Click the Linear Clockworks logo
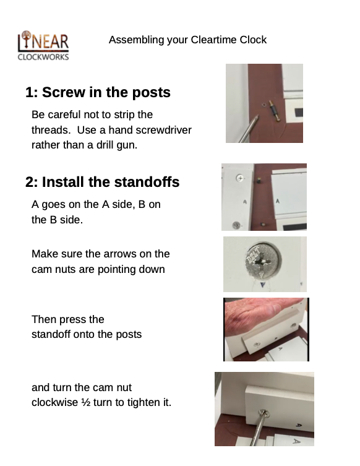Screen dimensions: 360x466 [x=43, y=45]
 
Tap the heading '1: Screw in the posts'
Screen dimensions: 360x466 [x=98, y=92]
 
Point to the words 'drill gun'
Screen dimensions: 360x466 [x=121, y=145]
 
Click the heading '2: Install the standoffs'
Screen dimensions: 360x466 [x=103, y=182]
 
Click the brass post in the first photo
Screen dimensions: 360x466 [x=275, y=111]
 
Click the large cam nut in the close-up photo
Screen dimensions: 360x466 [x=263, y=261]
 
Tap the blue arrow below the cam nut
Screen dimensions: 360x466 [x=262, y=285]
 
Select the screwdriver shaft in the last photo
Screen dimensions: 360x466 [x=257, y=429]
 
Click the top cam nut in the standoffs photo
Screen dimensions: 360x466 [x=240, y=178]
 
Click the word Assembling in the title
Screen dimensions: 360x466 [x=136, y=40]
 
